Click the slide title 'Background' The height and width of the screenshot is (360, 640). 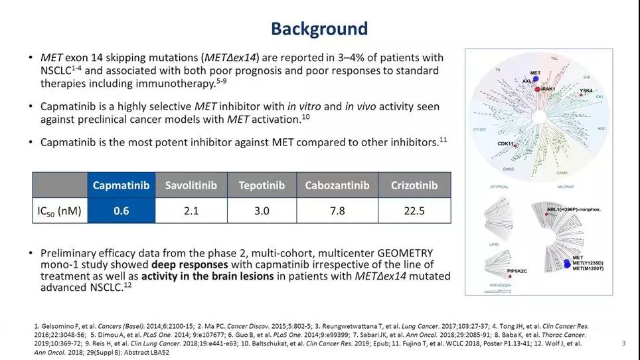click(x=319, y=29)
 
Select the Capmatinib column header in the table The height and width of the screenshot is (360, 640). click(x=121, y=185)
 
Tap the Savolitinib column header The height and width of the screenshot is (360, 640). click(x=191, y=185)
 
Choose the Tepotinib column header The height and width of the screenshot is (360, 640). click(x=262, y=185)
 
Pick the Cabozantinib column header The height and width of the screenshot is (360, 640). click(x=337, y=185)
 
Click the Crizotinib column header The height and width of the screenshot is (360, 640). click(x=414, y=185)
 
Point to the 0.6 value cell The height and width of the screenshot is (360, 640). click(x=121, y=211)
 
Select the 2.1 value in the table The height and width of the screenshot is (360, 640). click(x=191, y=211)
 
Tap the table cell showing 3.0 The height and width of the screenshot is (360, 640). click(x=262, y=211)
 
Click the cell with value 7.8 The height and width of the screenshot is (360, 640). click(x=337, y=211)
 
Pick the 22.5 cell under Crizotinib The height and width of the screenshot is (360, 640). click(x=414, y=211)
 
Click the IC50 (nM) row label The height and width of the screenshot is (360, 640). click(x=60, y=211)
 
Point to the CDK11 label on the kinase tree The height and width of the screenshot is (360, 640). click(x=507, y=143)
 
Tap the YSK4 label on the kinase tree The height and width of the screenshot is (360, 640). click(x=586, y=90)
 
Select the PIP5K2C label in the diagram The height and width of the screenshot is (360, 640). click(x=517, y=271)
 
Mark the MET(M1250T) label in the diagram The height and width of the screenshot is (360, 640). click(x=588, y=268)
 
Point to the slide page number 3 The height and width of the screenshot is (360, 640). click(x=623, y=343)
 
